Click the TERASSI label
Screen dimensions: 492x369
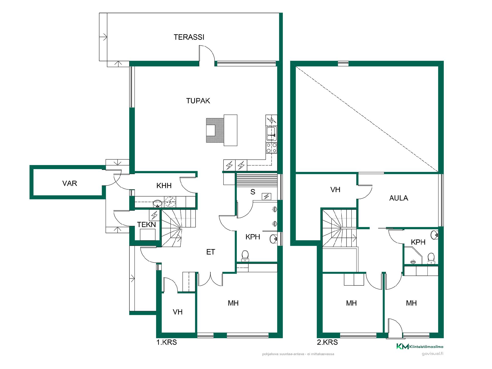tap(189, 37)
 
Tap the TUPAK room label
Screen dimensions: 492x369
tap(198, 101)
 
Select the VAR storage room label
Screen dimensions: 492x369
tap(70, 183)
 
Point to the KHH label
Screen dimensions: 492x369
tap(164, 186)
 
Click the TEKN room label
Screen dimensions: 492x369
tap(147, 225)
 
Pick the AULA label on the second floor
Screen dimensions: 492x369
tap(399, 198)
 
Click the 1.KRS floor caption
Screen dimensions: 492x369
tap(167, 342)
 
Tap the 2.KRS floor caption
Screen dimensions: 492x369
tap(327, 342)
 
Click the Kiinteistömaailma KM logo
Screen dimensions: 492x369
tap(420, 346)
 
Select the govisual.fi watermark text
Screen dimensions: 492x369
tap(433, 354)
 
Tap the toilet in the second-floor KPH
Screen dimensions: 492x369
tap(431, 259)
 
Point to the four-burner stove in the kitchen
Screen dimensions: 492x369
tap(271, 148)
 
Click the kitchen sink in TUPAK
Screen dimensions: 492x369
tap(271, 133)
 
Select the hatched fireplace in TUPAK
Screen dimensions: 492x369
tap(215, 130)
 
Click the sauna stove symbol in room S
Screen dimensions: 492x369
tap(266, 197)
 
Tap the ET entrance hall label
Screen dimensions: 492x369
tap(211, 252)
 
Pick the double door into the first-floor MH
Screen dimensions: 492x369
tap(210, 279)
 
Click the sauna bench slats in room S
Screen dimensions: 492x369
tap(257, 179)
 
